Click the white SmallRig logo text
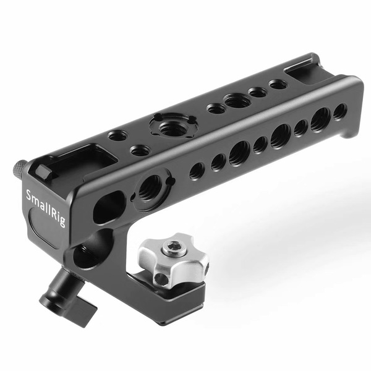pos(45,208)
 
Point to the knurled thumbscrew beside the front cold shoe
pos(20,168)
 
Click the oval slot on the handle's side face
pos(109,207)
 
